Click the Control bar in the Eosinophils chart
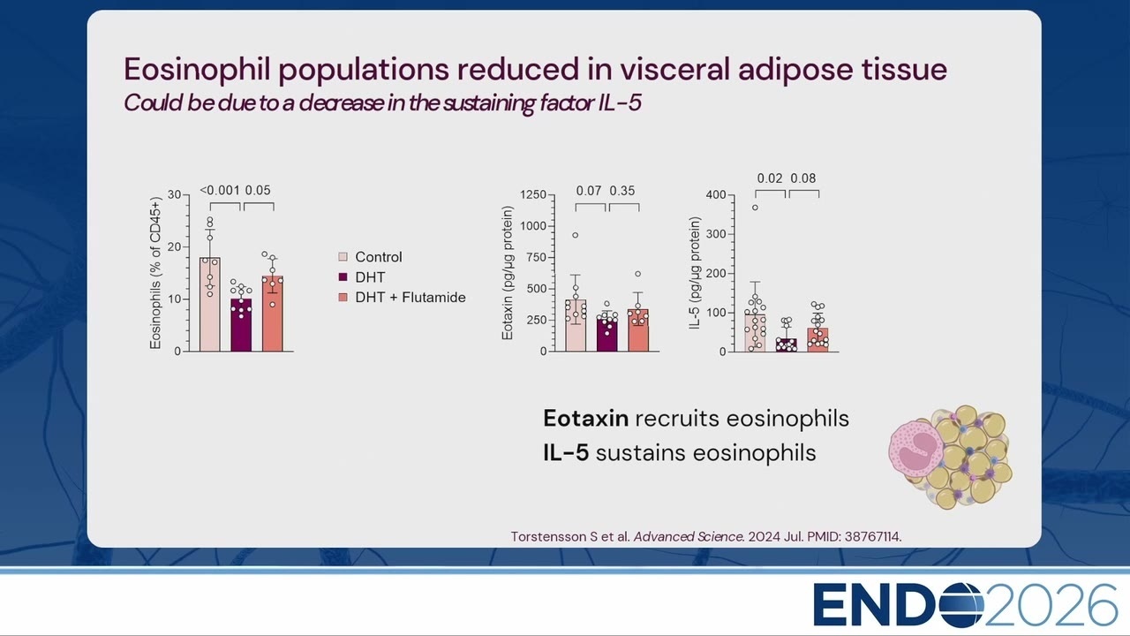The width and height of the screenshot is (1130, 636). (210, 305)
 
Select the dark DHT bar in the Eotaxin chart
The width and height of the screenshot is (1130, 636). (606, 334)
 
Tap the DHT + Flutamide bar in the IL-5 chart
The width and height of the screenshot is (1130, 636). (817, 340)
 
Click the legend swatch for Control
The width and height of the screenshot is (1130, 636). (343, 257)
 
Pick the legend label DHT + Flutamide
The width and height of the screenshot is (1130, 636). (411, 298)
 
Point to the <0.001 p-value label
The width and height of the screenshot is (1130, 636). (220, 190)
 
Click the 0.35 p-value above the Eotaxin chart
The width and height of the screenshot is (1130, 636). (622, 191)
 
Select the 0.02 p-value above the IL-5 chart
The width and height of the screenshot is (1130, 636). (770, 178)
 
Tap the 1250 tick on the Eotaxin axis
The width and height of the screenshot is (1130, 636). (533, 195)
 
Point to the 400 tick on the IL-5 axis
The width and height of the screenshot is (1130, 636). (716, 195)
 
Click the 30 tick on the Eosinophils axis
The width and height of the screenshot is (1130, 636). (175, 195)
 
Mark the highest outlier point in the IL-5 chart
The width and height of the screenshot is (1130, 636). (755, 208)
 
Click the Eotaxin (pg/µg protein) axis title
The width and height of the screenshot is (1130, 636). (508, 273)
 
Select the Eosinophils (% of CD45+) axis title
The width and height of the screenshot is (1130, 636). (156, 273)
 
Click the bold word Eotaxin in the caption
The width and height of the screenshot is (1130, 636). (585, 419)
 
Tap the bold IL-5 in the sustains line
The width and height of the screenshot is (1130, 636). (566, 453)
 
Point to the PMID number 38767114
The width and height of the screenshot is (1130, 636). (872, 536)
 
